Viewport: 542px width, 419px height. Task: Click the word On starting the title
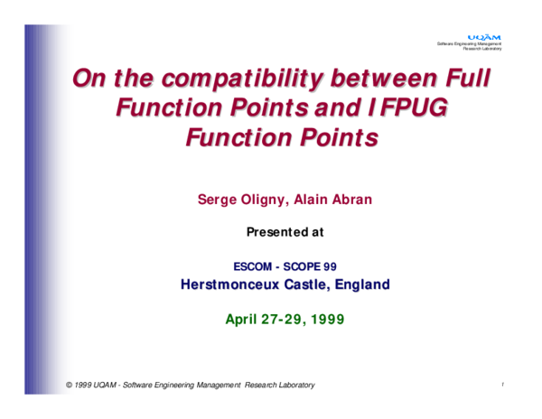(x=90, y=79)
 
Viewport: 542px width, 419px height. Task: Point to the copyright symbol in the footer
(x=70, y=386)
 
